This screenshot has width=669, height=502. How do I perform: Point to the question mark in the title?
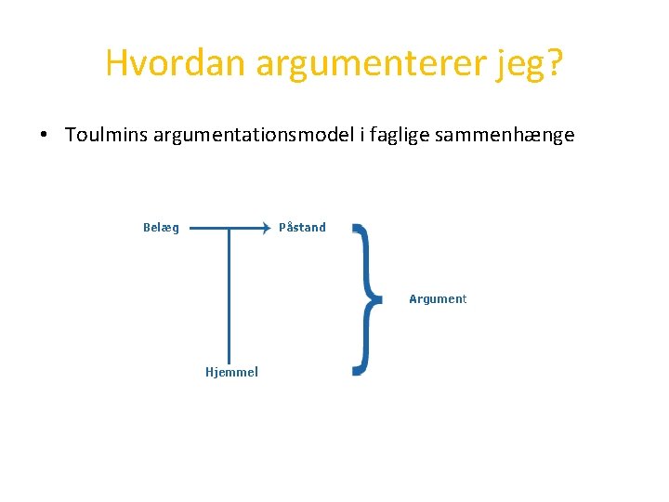(556, 63)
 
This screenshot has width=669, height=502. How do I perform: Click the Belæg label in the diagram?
(162, 228)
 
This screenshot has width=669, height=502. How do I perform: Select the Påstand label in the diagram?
(302, 228)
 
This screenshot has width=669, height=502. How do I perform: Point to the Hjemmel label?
(231, 373)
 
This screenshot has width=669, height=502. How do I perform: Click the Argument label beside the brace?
(438, 299)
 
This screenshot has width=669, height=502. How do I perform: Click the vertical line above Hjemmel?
(230, 297)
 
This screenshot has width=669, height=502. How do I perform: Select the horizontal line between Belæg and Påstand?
(214, 227)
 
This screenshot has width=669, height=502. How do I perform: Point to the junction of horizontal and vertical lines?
(230, 227)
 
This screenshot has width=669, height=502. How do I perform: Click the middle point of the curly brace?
(376, 298)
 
